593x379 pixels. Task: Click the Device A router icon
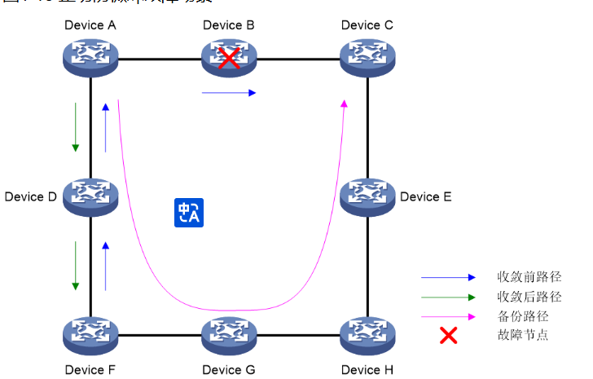[90, 57]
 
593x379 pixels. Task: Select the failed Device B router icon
[229, 57]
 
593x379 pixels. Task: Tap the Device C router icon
[367, 57]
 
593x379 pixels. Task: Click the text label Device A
[90, 25]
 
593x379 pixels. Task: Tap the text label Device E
[426, 196]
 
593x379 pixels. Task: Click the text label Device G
[229, 370]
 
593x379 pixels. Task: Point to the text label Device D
[30, 196]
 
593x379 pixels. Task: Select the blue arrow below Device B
[229, 93]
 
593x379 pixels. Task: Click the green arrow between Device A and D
[76, 127]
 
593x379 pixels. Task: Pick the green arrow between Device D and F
[76, 266]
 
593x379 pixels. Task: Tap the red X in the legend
[448, 334]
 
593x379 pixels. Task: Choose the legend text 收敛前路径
[529, 278]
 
